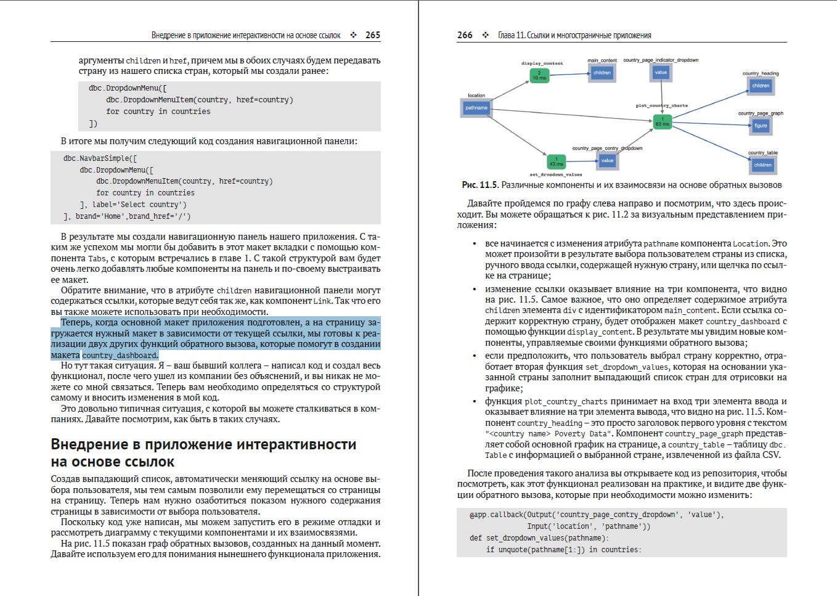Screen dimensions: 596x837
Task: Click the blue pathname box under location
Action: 476,108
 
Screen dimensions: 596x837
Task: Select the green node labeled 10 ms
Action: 539,75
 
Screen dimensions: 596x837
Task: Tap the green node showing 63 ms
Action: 662,121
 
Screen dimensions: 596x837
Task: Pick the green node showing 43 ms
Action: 556,161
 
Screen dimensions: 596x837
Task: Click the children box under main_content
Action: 602,73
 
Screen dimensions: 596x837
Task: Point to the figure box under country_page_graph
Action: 761,125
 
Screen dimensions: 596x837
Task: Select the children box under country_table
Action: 762,165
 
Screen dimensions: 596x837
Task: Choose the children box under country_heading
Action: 761,86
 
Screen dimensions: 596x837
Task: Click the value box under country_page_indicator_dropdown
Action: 661,72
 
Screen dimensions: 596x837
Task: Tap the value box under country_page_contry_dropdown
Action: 607,160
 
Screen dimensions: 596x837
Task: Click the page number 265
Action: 372,35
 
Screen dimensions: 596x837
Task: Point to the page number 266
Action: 465,35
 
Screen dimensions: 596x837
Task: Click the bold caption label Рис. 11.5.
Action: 480,185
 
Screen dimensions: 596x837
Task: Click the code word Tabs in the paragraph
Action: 97,259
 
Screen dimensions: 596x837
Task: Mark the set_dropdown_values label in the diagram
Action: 556,174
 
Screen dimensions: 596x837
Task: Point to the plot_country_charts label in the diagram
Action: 661,105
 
